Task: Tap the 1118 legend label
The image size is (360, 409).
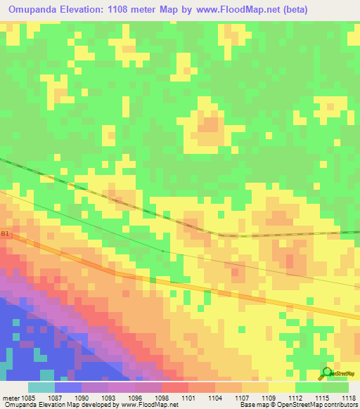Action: pyautogui.click(x=347, y=397)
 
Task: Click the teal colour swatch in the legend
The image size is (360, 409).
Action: pyautogui.click(x=41, y=387)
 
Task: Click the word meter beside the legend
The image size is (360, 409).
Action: pyautogui.click(x=11, y=397)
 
